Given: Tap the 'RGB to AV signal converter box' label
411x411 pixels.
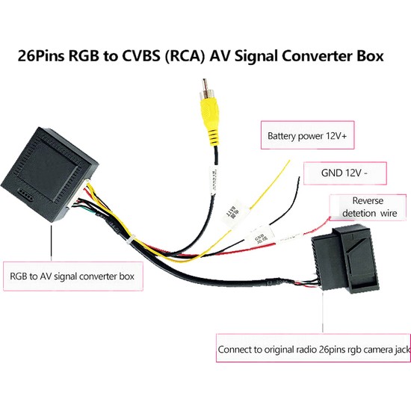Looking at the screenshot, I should [73, 276].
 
